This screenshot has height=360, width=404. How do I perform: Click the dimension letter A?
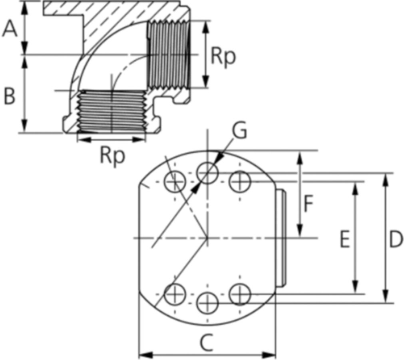(10, 29)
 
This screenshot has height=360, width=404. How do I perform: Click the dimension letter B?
(10, 96)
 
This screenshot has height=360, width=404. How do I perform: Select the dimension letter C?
(207, 343)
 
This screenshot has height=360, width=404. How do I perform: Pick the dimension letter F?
(308, 204)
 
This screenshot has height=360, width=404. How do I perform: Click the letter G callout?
(239, 131)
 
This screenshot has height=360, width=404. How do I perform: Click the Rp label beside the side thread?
(223, 57)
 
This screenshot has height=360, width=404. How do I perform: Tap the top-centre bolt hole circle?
(207, 173)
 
